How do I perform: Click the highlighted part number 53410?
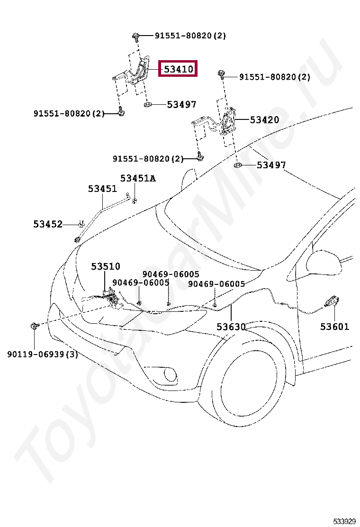point(178,69)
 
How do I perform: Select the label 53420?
point(264,120)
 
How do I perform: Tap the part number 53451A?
point(138,178)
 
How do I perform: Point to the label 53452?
point(48,224)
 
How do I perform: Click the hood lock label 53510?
point(106,267)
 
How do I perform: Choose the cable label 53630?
point(231,327)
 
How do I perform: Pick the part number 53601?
point(334,327)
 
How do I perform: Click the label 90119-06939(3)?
point(43,354)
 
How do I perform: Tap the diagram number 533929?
point(344,521)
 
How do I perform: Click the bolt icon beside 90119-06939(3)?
point(35,326)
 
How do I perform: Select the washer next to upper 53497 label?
point(147,104)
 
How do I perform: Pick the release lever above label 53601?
point(332,302)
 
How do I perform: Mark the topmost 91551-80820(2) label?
point(190,36)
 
